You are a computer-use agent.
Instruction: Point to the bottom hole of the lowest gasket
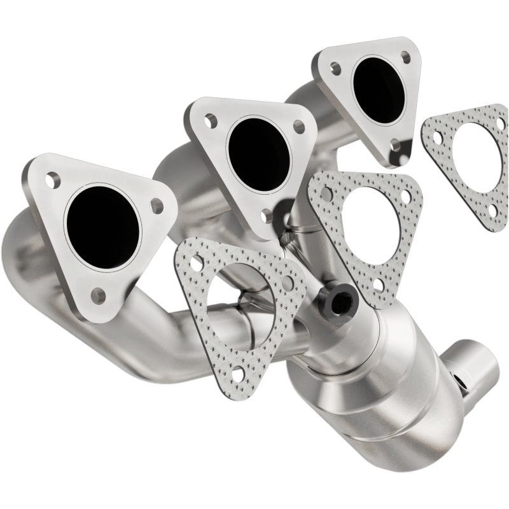click(237, 374)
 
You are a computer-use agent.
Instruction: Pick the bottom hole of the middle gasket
click(379, 284)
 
